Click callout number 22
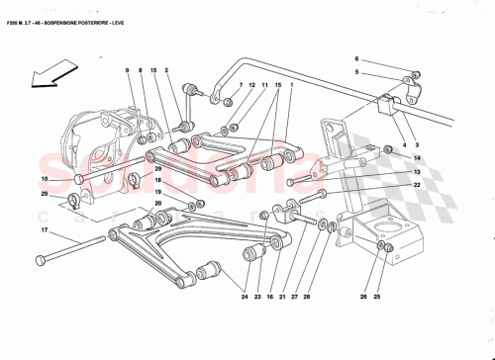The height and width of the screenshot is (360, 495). coord(417,185)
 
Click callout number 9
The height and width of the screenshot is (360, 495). coord(128,69)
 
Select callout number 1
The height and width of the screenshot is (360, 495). coord(292,86)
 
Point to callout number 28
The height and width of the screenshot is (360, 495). coord(306,296)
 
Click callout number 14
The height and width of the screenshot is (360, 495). coord(417,158)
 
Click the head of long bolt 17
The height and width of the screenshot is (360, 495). coord(40,260)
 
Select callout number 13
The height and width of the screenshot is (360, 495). coord(417,172)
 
